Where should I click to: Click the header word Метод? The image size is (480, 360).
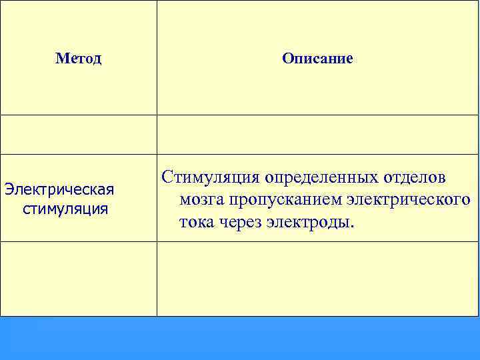79,59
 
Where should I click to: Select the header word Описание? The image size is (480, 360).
317,59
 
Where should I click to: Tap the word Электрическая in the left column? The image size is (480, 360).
59,189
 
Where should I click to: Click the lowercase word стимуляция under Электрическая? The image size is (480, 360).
65,209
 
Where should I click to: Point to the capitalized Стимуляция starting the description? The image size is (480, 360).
210,178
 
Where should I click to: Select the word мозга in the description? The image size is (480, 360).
201,199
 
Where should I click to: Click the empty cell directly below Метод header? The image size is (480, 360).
79,134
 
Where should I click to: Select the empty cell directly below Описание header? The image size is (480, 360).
317,134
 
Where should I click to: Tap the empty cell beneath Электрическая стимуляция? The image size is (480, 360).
79,278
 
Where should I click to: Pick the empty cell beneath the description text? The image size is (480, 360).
317,278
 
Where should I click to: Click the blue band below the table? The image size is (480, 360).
240,338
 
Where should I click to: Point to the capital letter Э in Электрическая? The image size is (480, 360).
8,189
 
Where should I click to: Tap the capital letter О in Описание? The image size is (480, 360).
287,59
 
